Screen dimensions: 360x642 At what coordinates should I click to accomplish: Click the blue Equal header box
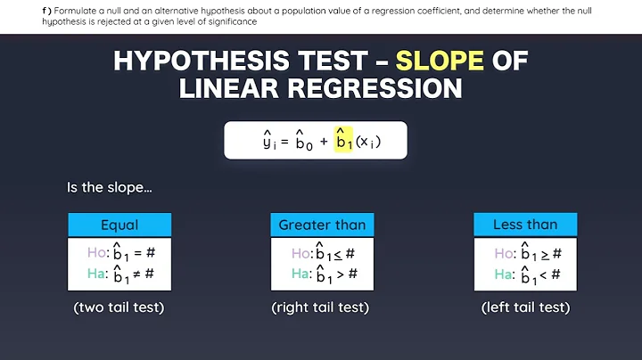pyautogui.click(x=119, y=225)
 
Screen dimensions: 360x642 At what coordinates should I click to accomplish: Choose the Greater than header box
pyautogui.click(x=322, y=225)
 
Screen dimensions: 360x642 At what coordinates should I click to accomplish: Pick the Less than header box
pyautogui.click(x=524, y=225)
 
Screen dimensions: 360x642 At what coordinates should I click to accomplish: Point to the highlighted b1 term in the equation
pyautogui.click(x=343, y=141)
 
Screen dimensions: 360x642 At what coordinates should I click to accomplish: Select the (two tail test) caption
pyautogui.click(x=119, y=307)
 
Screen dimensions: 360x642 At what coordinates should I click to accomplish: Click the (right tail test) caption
pyautogui.click(x=321, y=307)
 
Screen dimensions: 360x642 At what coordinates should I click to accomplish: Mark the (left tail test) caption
pyautogui.click(x=525, y=307)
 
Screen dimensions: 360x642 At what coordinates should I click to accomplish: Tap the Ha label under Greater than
pyautogui.click(x=301, y=274)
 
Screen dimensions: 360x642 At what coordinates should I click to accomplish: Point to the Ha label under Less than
pyautogui.click(x=505, y=274)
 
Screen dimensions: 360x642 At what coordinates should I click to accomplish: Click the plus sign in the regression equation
pyautogui.click(x=323, y=141)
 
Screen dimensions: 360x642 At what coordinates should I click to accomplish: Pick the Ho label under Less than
pyautogui.click(x=505, y=253)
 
